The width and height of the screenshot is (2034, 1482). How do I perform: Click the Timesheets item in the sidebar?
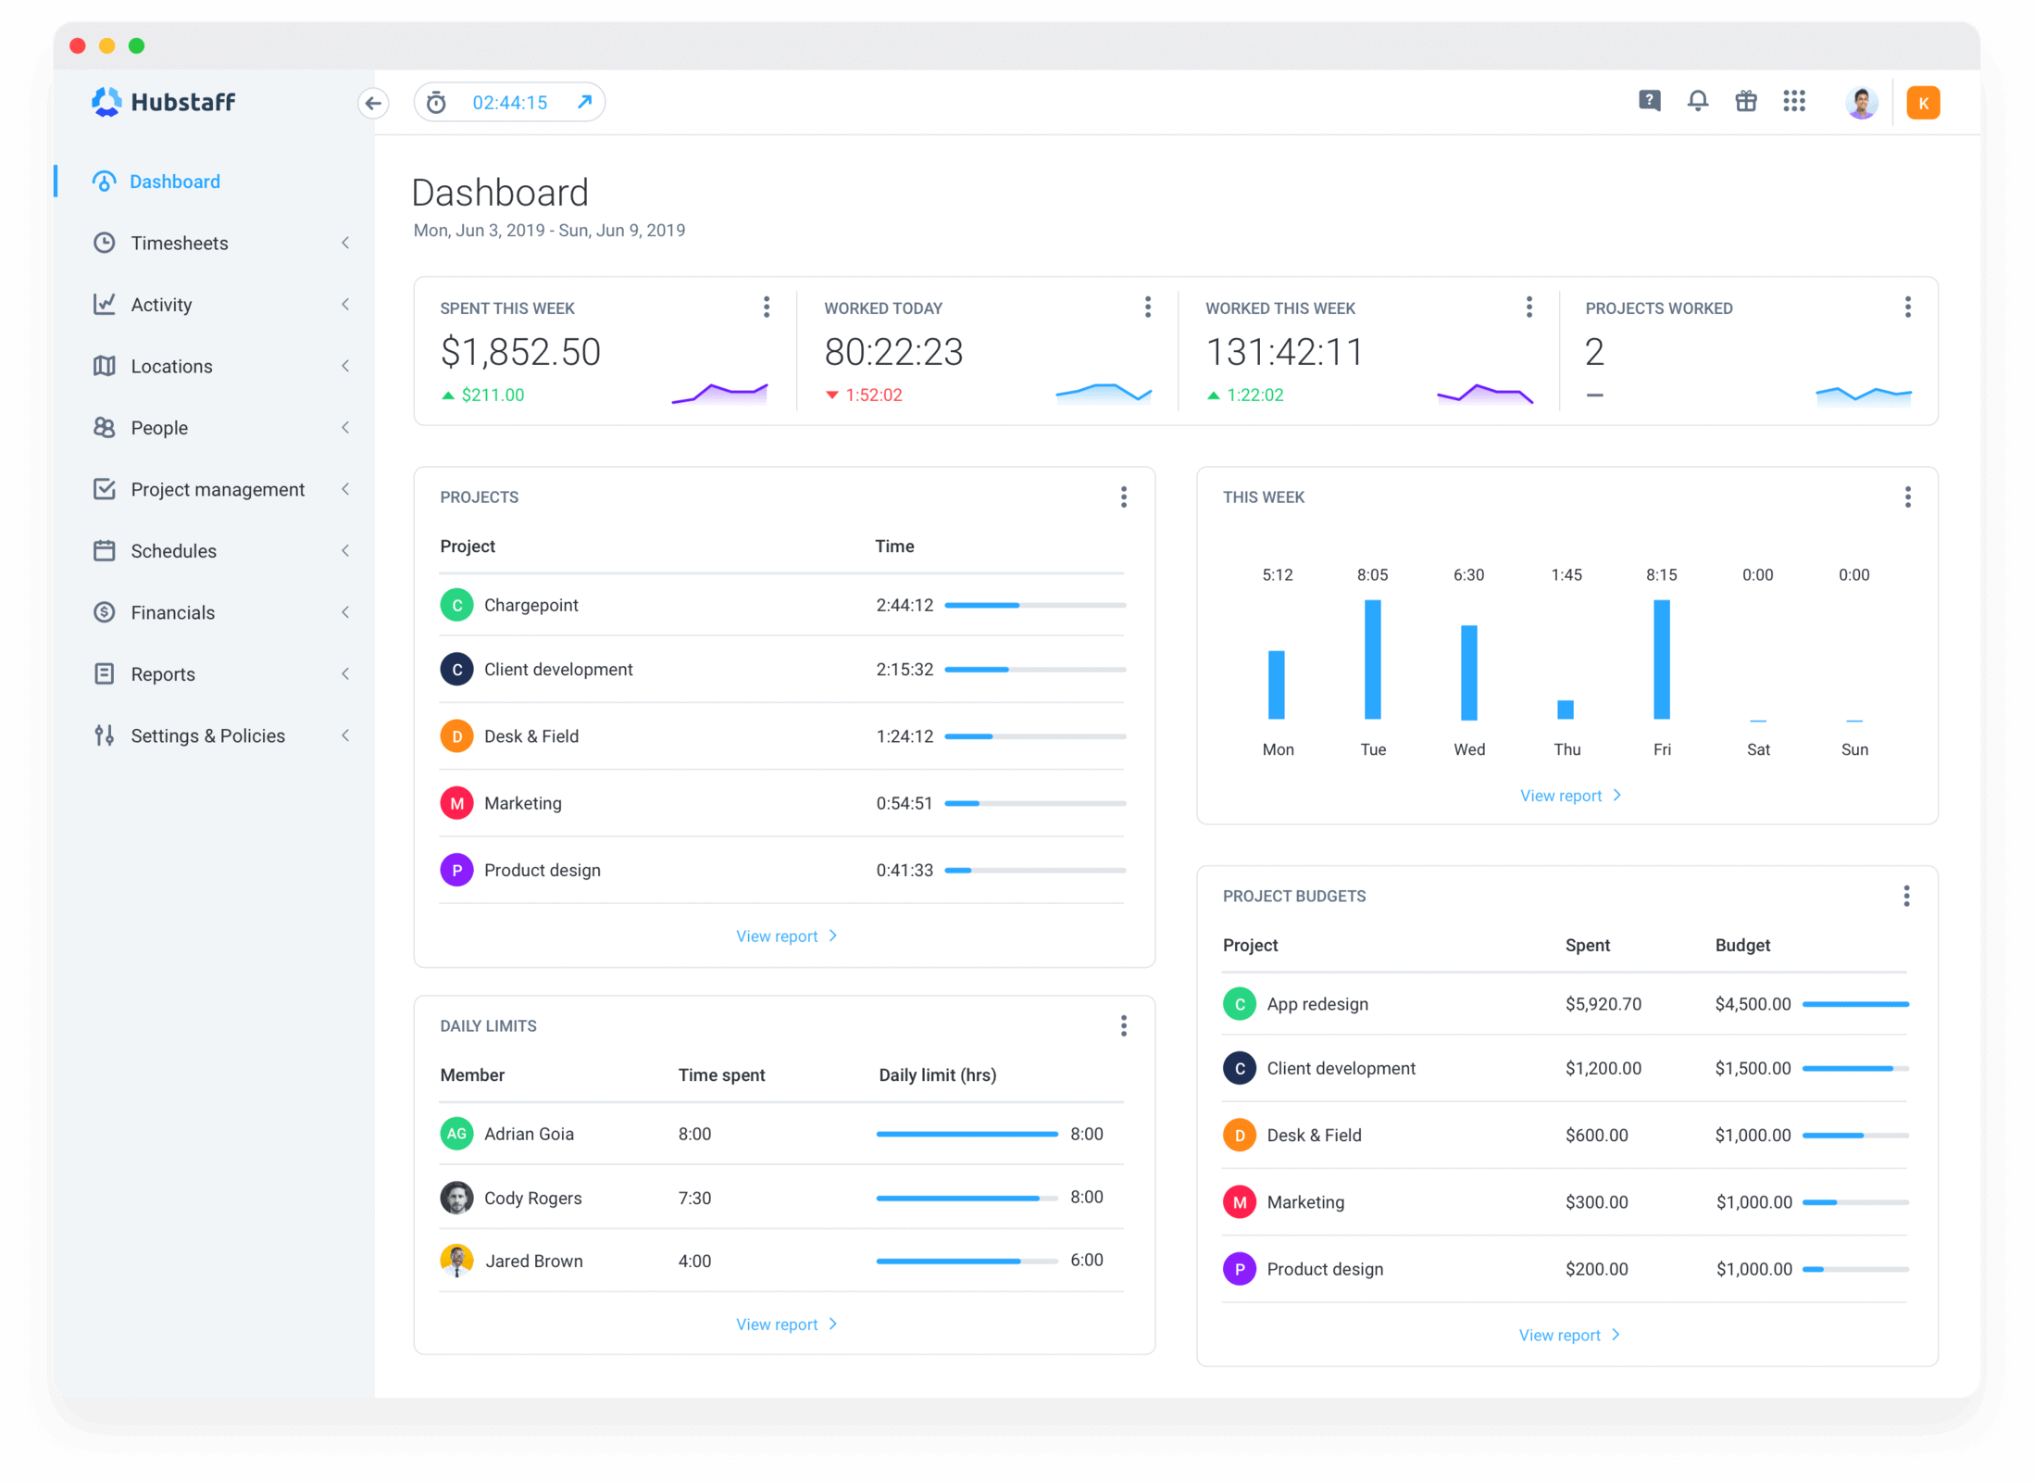point(179,244)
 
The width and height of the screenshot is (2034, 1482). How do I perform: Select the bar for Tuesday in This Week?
point(1372,659)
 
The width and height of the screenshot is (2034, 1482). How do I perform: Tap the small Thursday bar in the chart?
point(1566,710)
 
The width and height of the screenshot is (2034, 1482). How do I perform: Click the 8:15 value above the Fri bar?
point(1661,575)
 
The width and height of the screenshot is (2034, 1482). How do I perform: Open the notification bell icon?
point(1697,101)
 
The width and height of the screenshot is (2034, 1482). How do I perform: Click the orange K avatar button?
point(1923,103)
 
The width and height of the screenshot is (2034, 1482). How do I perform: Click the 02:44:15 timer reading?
point(510,103)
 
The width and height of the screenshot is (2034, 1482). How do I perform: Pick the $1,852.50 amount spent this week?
point(520,352)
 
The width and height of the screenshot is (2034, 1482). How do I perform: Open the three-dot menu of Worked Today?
point(1148,308)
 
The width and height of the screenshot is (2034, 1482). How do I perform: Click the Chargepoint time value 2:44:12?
point(905,606)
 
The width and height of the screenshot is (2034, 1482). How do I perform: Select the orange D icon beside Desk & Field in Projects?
point(456,736)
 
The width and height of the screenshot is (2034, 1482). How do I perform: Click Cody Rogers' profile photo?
point(456,1198)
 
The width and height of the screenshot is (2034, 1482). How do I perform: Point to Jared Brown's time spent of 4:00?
point(694,1262)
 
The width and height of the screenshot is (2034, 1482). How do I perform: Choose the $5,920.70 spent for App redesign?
point(1603,1004)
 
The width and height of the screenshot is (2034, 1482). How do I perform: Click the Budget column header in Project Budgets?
point(1741,946)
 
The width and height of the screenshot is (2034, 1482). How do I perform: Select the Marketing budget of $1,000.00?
point(1753,1202)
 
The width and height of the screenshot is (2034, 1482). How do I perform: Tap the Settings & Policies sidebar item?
point(207,736)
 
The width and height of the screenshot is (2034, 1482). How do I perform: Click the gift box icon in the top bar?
point(1745,101)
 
